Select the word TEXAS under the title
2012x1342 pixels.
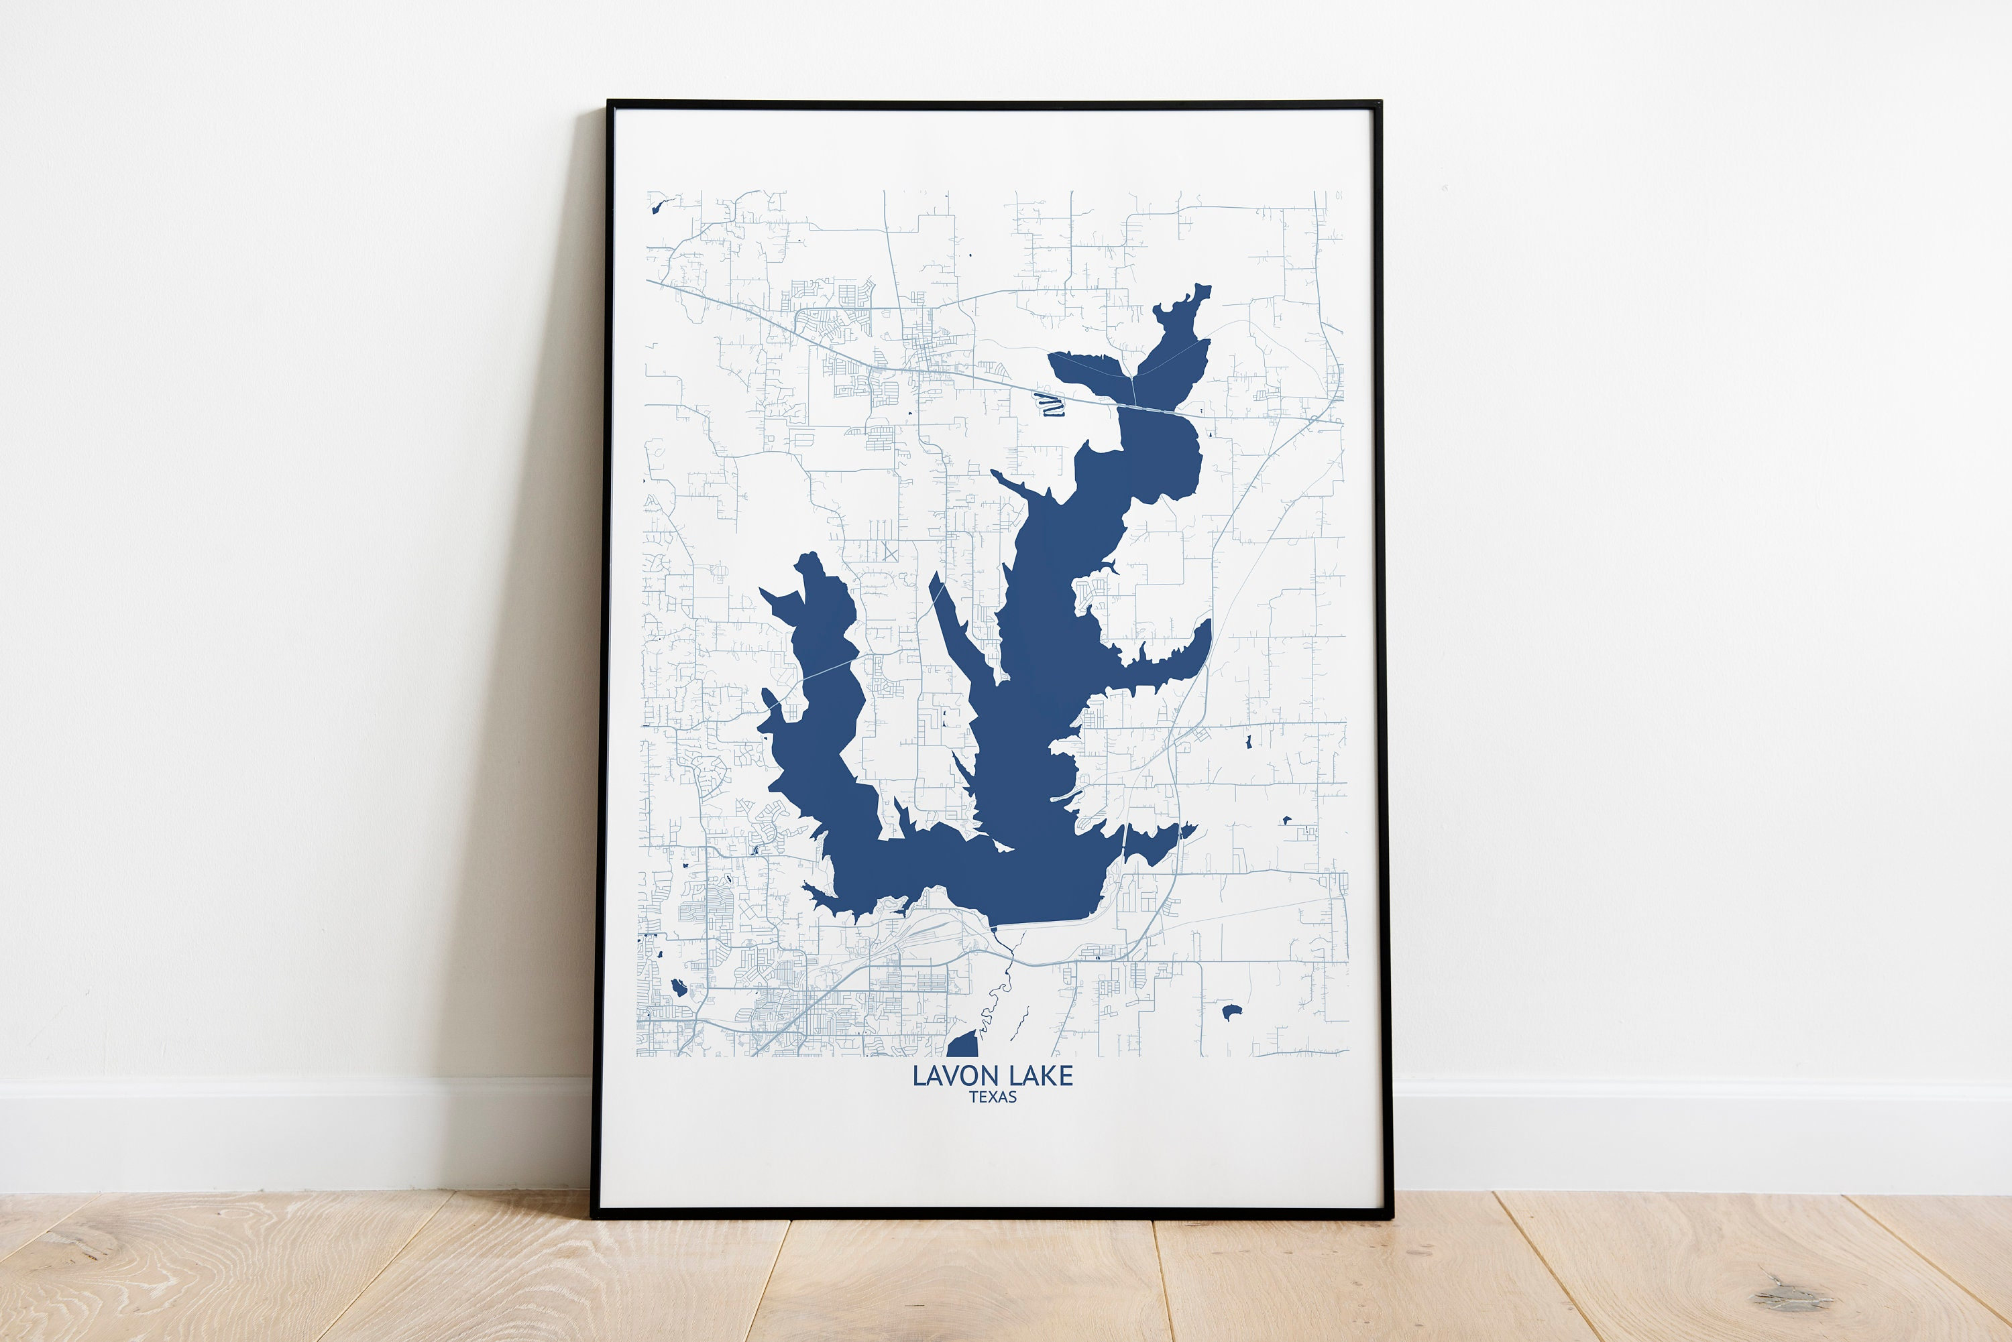pos(993,1097)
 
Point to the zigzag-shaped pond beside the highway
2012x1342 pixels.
pos(1049,404)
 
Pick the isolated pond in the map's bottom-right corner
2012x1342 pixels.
pos(1231,1012)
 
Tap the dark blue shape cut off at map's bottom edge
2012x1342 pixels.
pos(963,1045)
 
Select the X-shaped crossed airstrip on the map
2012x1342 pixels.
pos(889,552)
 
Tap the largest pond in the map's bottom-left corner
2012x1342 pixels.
pos(678,987)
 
